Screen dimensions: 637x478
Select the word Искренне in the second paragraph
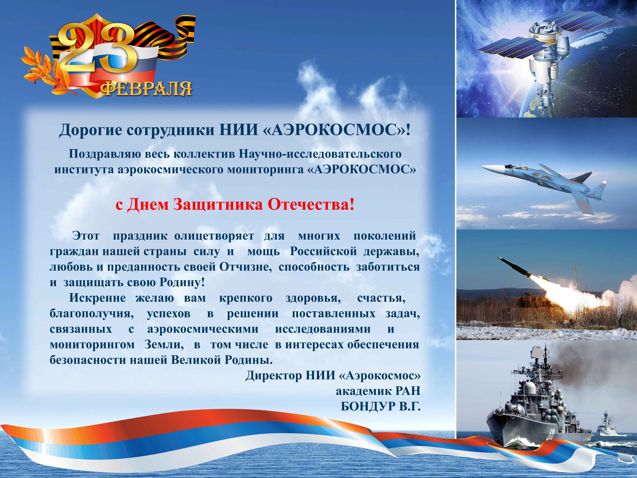pos(97,298)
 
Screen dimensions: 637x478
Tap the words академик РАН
pos(378,391)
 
